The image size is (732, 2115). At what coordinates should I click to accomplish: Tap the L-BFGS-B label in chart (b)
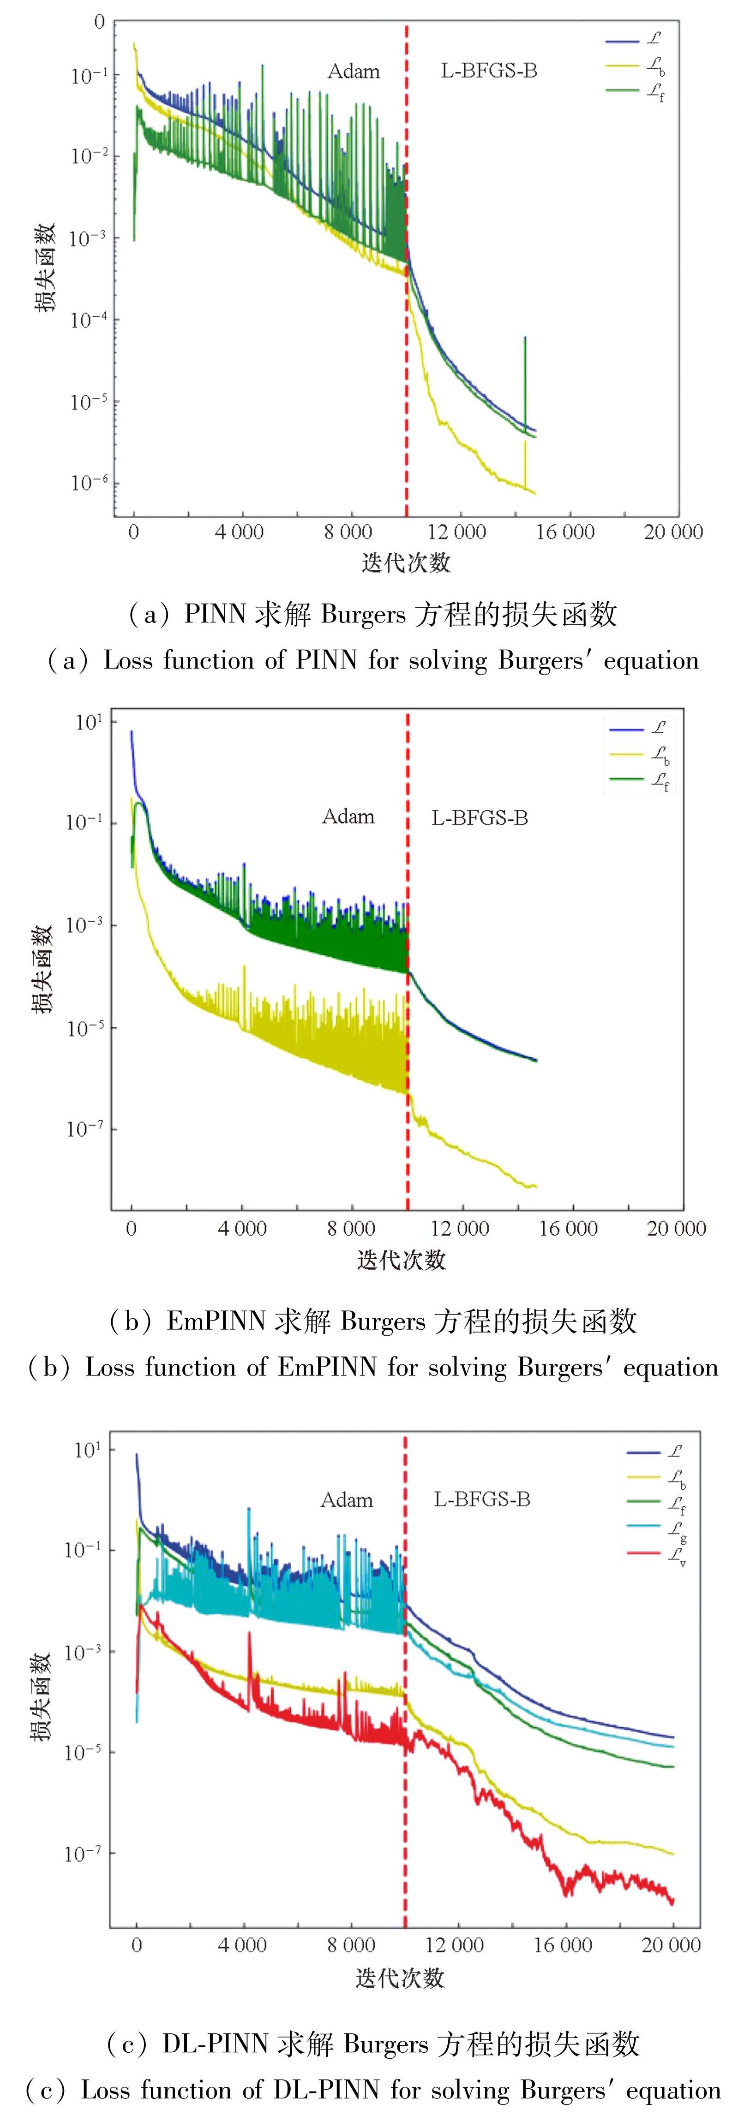click(x=480, y=818)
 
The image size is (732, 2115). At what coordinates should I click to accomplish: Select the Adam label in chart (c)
click(x=347, y=1500)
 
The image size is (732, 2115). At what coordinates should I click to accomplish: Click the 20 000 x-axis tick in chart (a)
click(x=673, y=532)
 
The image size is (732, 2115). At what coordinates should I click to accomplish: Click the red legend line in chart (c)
click(x=643, y=1554)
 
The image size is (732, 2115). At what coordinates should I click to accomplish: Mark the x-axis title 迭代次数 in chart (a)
click(x=406, y=563)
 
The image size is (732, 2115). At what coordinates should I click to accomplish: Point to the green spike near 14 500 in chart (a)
click(x=525, y=369)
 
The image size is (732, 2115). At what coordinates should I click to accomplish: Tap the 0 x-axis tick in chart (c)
click(x=136, y=1945)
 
